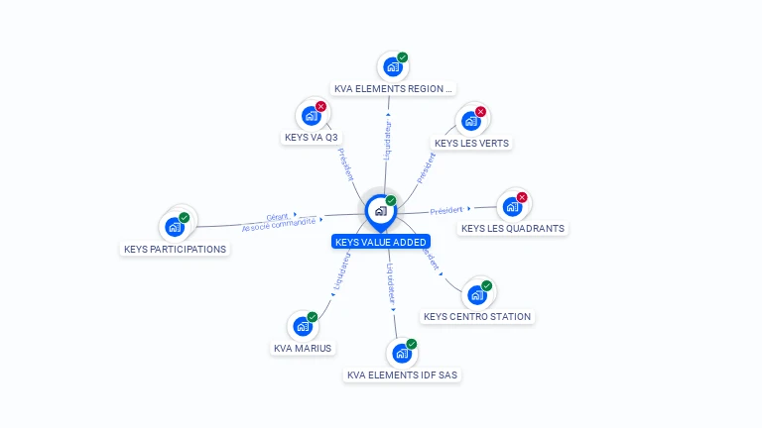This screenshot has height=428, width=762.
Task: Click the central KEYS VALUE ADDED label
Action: [381, 242]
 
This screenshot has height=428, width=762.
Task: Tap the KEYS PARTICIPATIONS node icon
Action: [175, 227]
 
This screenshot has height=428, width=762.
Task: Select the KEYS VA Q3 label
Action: [312, 138]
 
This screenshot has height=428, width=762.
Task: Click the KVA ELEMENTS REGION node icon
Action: [392, 66]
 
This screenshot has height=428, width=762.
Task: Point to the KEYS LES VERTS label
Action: [471, 143]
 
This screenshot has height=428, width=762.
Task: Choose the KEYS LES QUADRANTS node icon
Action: [511, 206]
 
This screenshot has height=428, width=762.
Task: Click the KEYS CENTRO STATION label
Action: [477, 317]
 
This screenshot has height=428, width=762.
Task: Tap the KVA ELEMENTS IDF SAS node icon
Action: [402, 353]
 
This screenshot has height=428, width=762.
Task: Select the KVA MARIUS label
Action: [304, 348]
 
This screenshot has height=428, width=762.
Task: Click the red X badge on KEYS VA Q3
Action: [320, 106]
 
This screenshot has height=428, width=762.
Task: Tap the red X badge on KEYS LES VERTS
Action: [481, 112]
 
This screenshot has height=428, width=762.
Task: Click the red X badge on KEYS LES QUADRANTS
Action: [522, 197]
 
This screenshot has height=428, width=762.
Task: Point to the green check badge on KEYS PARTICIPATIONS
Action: [185, 218]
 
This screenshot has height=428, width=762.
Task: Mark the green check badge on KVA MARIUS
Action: [313, 317]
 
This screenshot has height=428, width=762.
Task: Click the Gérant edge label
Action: [277, 216]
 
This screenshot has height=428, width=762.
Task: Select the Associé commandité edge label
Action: [279, 224]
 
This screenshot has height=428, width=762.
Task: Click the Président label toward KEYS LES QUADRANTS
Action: [447, 210]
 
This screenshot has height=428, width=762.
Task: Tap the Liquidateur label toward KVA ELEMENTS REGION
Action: [388, 140]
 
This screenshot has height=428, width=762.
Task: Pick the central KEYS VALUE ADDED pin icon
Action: [380, 211]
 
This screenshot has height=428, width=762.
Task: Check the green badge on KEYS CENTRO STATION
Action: [486, 286]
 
